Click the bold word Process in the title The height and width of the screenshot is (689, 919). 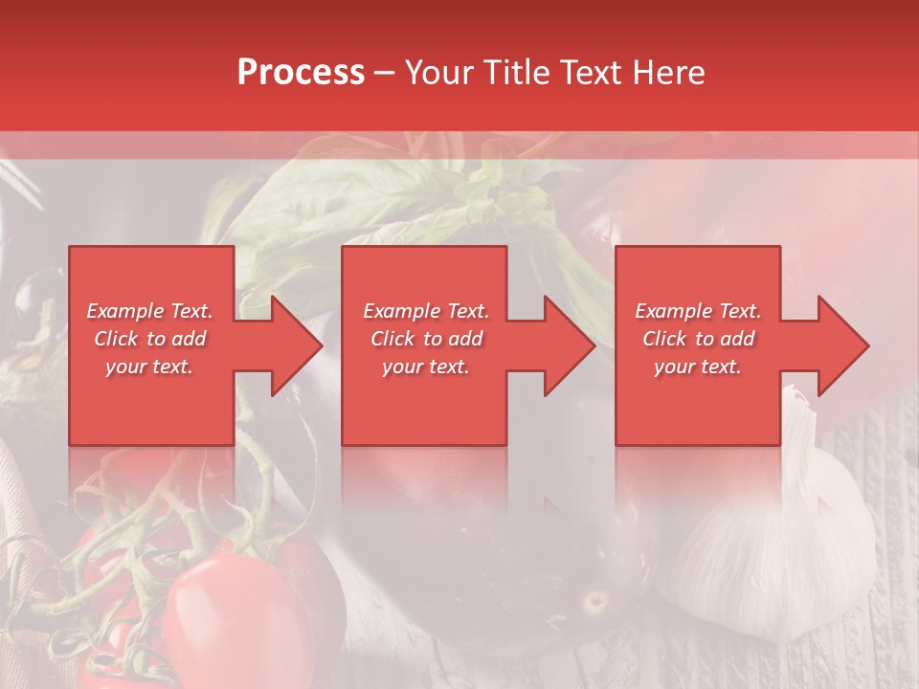[301, 73]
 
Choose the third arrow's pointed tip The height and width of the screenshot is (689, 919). [867, 345]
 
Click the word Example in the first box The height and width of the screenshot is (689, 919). [124, 311]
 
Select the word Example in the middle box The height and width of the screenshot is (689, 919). [401, 311]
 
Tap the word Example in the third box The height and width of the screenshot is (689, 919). [673, 311]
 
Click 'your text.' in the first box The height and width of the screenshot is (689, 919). [149, 367]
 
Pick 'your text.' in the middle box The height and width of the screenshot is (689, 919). [426, 367]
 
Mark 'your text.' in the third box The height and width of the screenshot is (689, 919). [698, 367]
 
